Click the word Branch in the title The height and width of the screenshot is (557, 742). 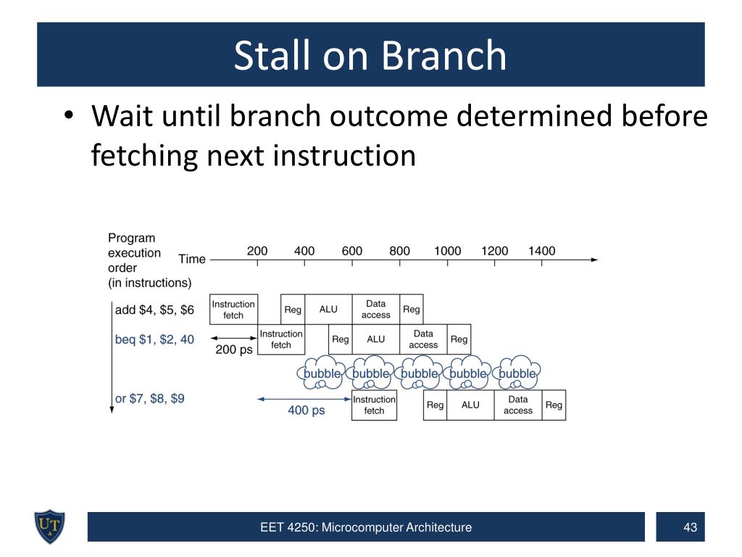coord(443,56)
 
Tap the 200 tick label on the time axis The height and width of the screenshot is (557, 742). coord(257,251)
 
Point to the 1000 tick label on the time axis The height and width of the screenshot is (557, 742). coord(447,251)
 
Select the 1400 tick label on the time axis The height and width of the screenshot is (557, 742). coord(542,251)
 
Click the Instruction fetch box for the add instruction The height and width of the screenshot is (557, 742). coord(233,309)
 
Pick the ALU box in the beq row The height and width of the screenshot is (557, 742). coord(376,339)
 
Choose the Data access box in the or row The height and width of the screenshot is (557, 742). coord(517,405)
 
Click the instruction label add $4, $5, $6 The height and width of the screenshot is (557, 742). coord(154,310)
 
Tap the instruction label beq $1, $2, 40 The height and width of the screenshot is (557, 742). coord(154,339)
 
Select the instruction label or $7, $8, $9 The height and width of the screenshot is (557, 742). coord(149,398)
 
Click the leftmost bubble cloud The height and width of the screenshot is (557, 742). coord(321,373)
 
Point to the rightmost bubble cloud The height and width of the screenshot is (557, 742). coord(517,373)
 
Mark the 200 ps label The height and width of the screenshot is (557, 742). coord(234,350)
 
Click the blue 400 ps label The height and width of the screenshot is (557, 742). coord(307,410)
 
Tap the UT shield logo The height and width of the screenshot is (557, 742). coord(49,527)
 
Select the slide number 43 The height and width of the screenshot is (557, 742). coord(690,527)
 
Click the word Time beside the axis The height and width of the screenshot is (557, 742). coord(191,259)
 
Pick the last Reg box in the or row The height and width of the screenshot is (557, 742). coord(554,405)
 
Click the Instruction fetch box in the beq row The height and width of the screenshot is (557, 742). coord(280,339)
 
